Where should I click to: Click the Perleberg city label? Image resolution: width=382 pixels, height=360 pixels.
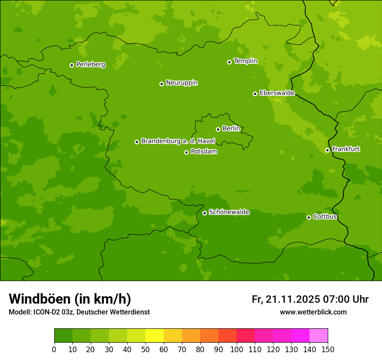coord(90,65)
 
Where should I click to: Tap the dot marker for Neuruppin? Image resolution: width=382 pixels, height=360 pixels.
coord(161,84)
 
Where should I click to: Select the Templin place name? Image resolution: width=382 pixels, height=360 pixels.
coord(245,61)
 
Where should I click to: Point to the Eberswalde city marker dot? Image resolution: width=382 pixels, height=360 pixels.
coord(255,94)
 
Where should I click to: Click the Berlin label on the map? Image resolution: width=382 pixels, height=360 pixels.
coord(231,129)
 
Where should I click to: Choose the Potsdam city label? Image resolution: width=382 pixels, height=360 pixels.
coord(204,152)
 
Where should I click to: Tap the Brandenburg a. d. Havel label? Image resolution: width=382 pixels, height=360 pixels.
coord(178,141)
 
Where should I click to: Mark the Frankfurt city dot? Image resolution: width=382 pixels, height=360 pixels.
coord(327,151)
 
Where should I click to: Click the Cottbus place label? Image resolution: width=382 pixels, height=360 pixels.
coord(325,216)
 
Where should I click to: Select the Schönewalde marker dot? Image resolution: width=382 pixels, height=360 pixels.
coord(204,213)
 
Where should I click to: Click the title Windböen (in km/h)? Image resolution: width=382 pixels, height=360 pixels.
coord(69,299)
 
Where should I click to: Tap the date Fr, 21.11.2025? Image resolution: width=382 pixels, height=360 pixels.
coord(286,299)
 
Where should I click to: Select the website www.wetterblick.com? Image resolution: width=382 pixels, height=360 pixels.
coord(313,312)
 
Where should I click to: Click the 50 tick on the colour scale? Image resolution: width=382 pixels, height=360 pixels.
coord(145,350)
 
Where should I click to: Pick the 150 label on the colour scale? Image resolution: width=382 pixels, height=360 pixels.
coord(328,350)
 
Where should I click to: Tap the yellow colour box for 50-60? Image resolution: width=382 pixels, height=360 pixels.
coord(155,336)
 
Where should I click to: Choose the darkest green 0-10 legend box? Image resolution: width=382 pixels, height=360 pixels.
coord(63,336)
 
